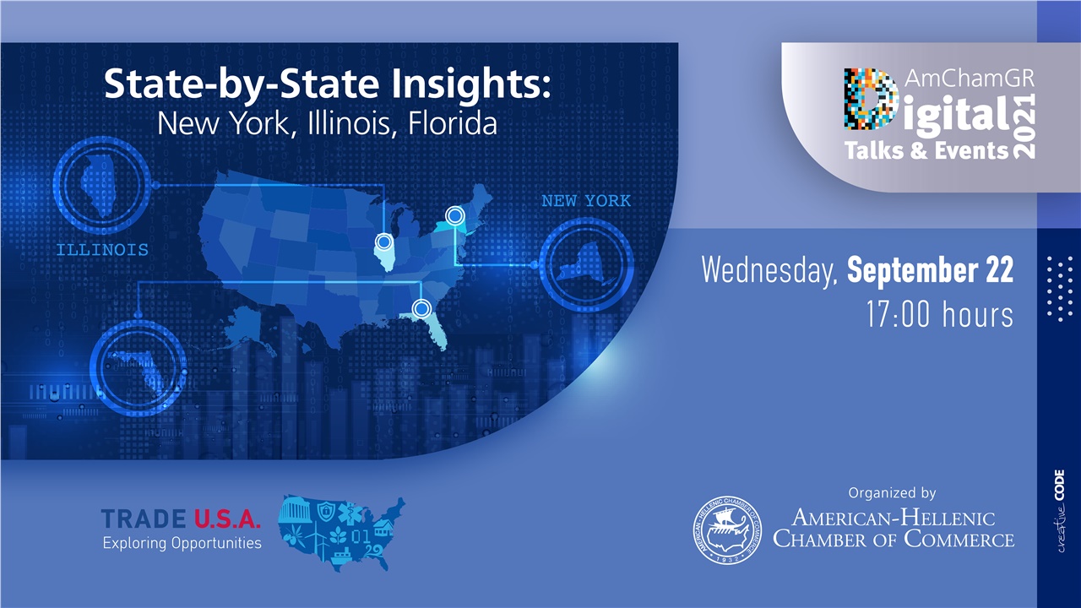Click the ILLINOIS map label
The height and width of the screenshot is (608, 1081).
102,250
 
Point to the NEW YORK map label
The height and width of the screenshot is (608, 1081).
585,201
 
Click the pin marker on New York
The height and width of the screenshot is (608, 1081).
454,216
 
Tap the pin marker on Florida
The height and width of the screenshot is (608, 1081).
421,307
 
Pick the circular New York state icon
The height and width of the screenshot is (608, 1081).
585,265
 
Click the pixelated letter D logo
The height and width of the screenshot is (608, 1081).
870,99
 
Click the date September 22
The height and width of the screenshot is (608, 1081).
930,271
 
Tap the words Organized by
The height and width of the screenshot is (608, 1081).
892,493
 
